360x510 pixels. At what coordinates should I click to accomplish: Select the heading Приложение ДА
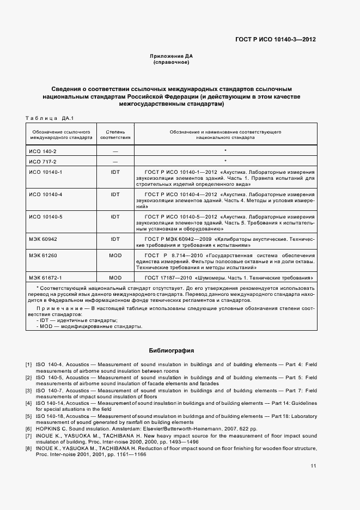click(171, 56)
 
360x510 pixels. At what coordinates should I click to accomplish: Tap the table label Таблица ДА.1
click(50, 118)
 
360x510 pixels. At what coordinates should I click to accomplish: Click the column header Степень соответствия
click(115, 135)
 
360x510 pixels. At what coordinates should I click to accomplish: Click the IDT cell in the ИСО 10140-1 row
click(115, 172)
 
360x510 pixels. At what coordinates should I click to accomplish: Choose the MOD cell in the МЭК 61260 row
click(115, 255)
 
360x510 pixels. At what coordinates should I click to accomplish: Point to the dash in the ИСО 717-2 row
click(115, 162)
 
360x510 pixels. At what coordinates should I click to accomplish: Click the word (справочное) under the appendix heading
click(171, 63)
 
